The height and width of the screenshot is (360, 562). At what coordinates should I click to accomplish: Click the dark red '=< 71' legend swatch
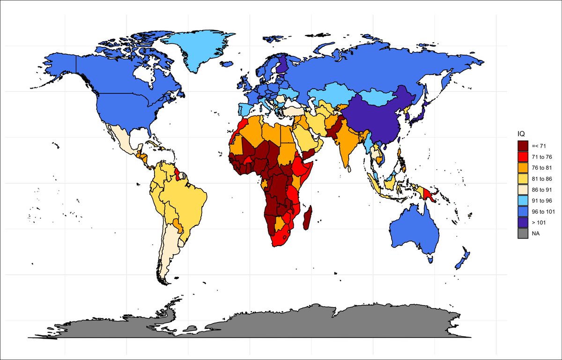[x=523, y=146]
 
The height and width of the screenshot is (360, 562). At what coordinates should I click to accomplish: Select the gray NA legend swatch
[x=523, y=232]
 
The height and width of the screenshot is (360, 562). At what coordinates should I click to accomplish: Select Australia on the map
[x=414, y=230]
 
